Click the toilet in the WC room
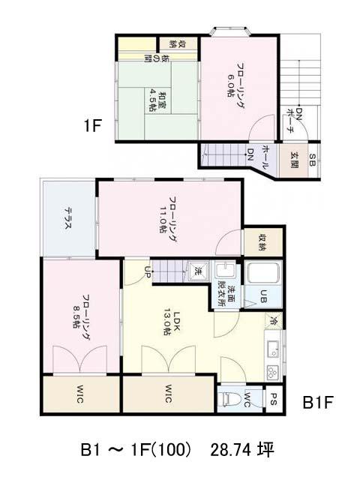tap(226, 399)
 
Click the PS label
tap(274, 399)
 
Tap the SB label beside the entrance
tap(312, 160)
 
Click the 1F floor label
tap(92, 125)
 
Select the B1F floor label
tap(317, 402)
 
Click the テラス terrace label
tap(68, 218)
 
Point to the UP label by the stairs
tap(147, 271)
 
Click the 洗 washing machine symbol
tap(198, 270)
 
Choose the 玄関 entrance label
tap(294, 160)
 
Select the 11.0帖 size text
tap(163, 219)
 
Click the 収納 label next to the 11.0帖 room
tap(263, 241)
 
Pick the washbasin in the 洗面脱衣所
tap(225, 270)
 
